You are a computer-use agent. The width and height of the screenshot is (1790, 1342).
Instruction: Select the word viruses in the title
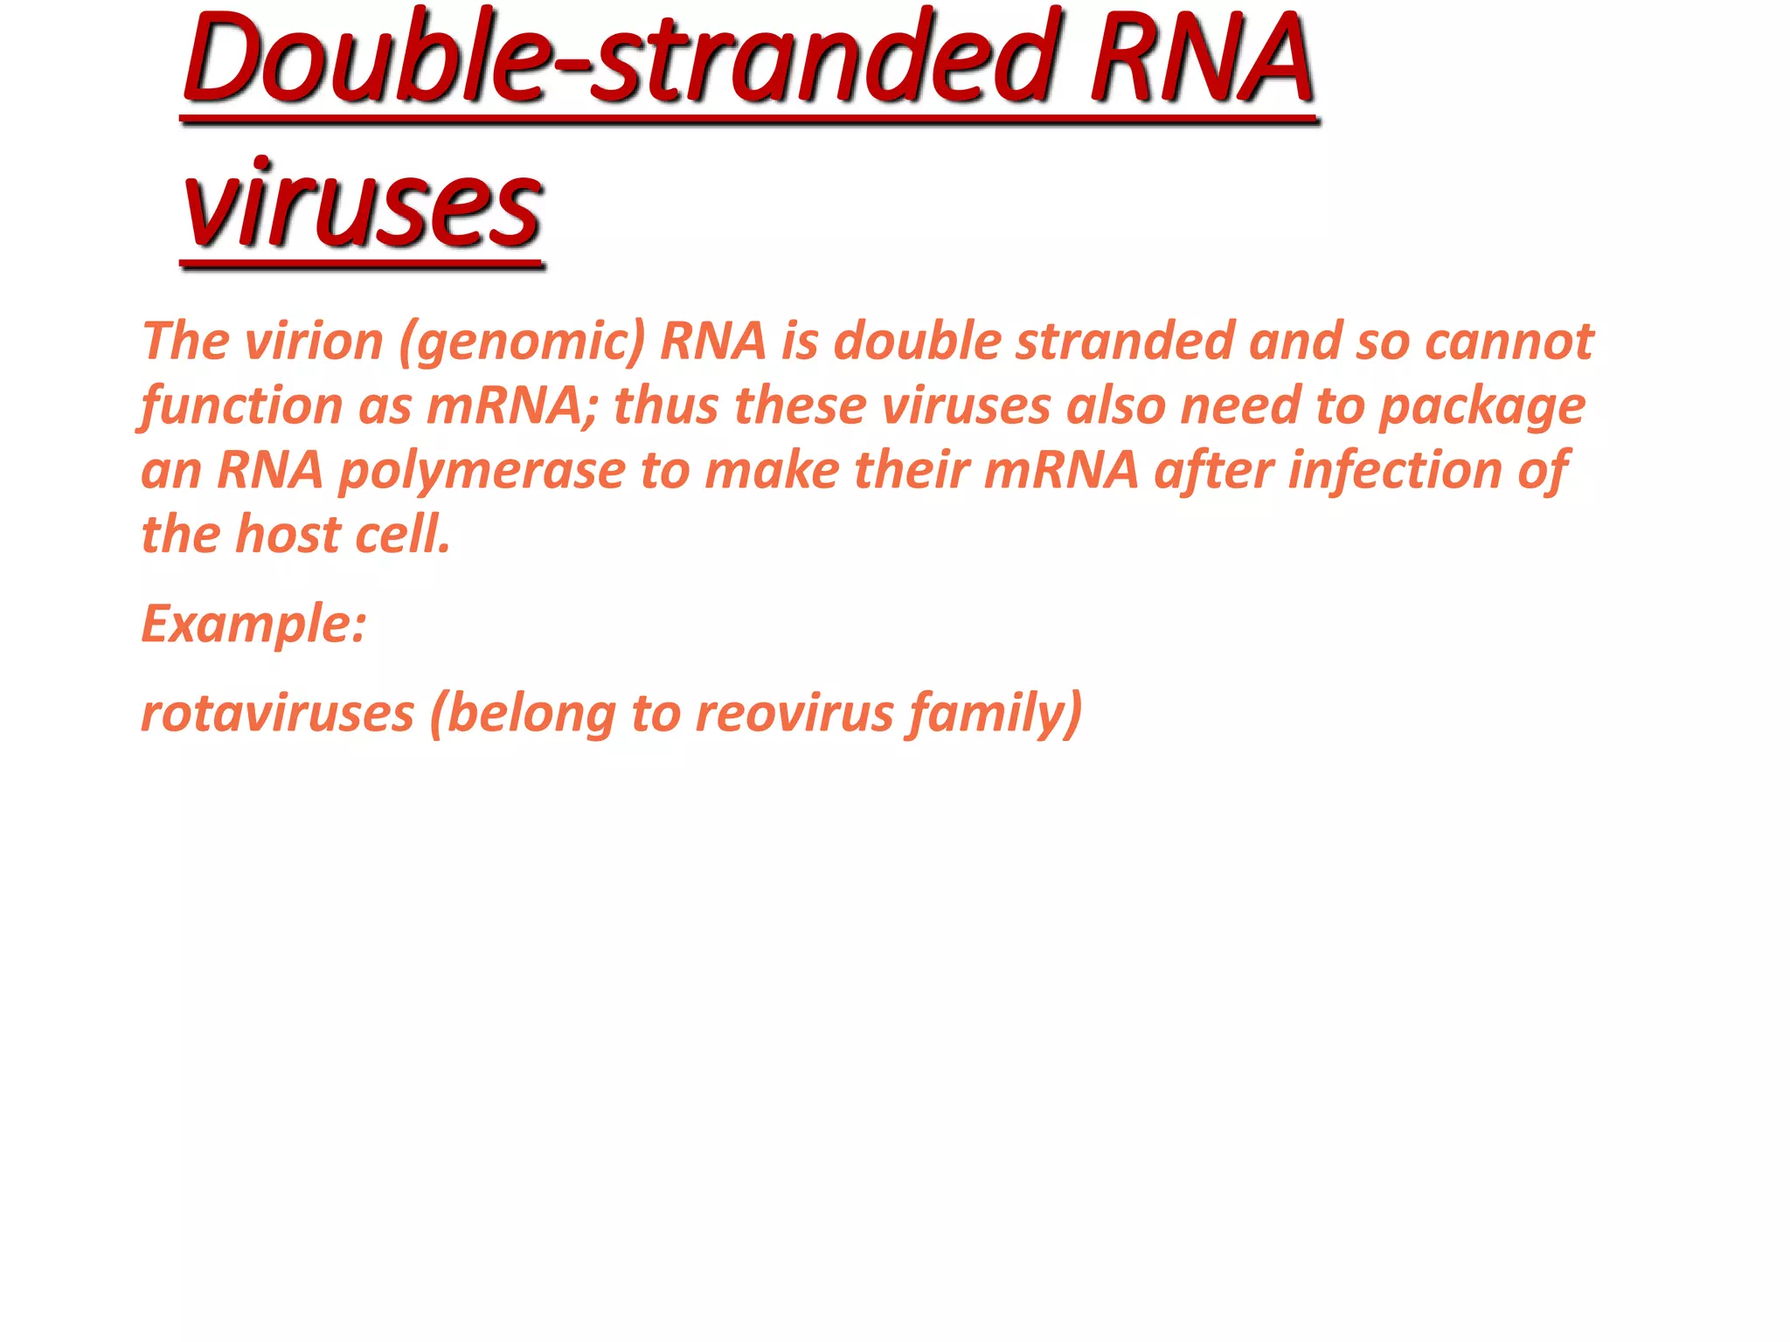click(362, 205)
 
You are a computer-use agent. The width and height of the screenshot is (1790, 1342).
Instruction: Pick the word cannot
click(1509, 341)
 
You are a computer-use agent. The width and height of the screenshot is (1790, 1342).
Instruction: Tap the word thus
click(665, 406)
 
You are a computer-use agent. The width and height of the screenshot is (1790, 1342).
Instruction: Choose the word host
click(288, 535)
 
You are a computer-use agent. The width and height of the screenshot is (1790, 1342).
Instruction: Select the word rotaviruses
click(277, 713)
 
